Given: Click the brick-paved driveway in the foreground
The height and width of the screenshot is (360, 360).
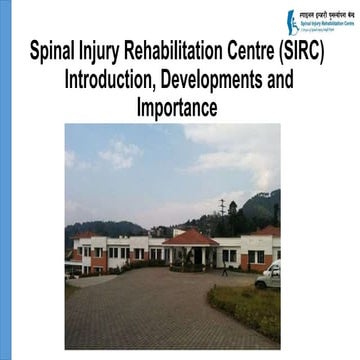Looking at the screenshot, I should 140,310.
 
